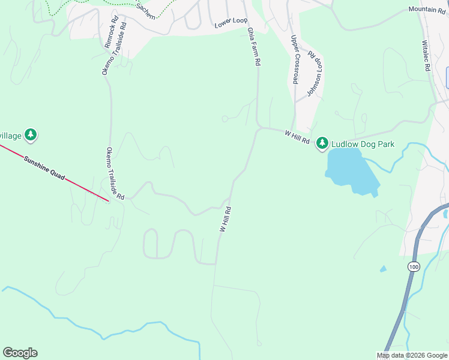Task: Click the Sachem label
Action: point(145,11)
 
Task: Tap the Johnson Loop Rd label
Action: point(315,73)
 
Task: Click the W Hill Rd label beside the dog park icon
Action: point(297,137)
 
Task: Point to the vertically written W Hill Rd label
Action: point(226,220)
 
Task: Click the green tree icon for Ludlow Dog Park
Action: point(323,143)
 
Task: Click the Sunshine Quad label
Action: point(43,169)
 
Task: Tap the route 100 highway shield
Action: point(413,266)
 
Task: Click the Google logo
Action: point(20,353)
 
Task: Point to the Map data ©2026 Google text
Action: point(411,355)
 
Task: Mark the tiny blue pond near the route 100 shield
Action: point(383,269)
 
